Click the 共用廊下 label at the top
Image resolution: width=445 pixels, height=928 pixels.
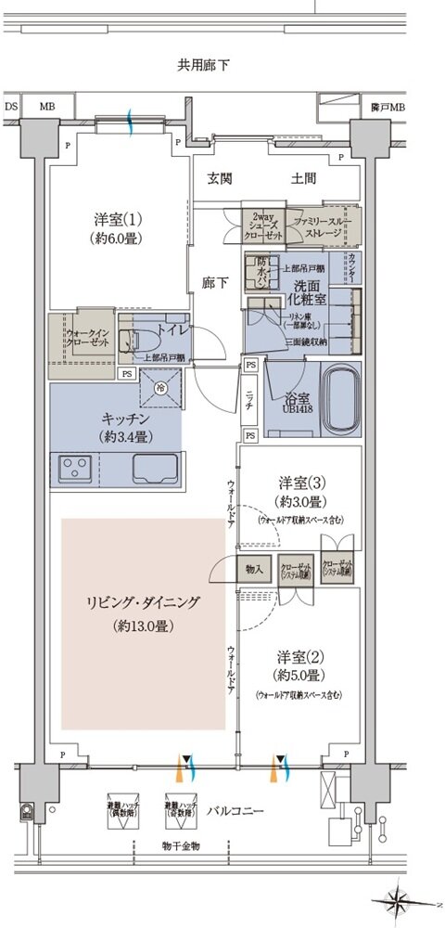[204, 65]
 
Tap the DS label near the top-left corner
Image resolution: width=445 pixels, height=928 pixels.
[12, 107]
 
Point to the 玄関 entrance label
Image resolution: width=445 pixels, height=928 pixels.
[220, 178]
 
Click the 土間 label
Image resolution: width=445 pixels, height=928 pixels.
[303, 178]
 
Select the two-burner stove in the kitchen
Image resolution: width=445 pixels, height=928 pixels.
[75, 466]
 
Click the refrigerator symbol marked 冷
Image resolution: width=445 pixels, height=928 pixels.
[159, 387]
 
